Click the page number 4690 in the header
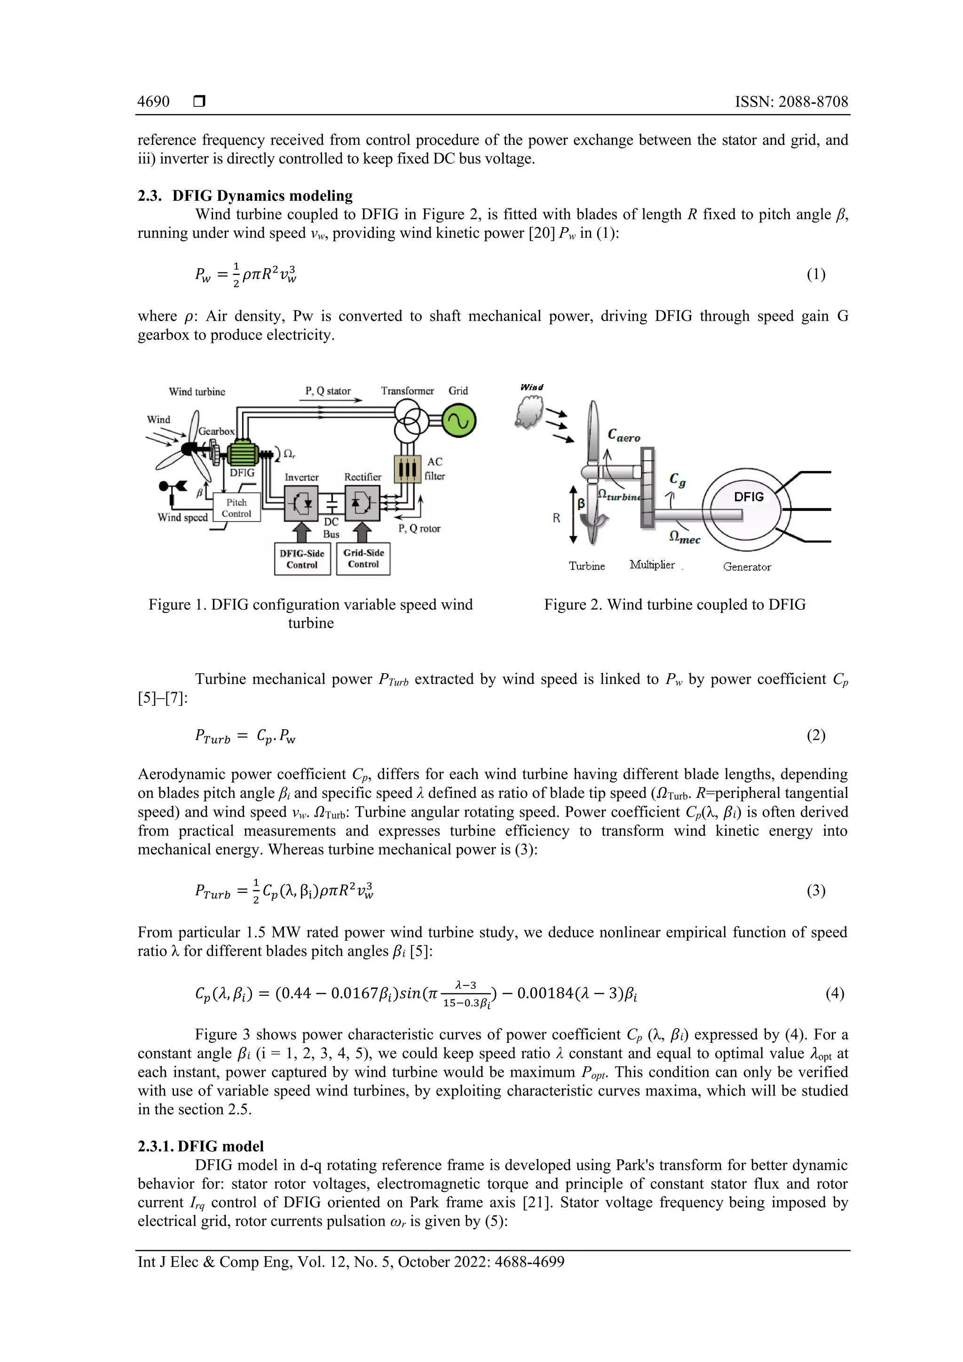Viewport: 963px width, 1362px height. tap(153, 102)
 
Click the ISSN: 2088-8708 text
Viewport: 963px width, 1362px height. tap(791, 102)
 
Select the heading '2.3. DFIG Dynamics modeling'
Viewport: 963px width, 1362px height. tap(245, 196)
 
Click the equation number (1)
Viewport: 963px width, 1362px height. tap(816, 274)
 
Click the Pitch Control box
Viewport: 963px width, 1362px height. tap(236, 508)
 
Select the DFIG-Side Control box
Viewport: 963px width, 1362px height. tap(302, 559)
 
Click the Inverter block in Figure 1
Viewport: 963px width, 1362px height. tap(301, 504)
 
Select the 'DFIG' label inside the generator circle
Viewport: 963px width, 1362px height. tap(748, 496)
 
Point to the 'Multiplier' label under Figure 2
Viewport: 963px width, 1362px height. tap(652, 565)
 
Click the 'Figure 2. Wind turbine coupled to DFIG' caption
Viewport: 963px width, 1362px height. tap(675, 605)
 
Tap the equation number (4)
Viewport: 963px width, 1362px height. tap(834, 993)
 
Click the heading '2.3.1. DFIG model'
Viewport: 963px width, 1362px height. tap(201, 1146)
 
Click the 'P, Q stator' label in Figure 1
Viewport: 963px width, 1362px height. tap(328, 391)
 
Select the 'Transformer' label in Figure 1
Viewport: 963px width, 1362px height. tap(407, 391)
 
